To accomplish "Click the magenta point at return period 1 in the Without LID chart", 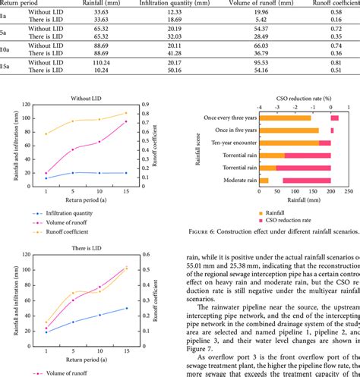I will click(x=47, y=173).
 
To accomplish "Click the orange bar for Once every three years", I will click(x=285, y=118).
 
